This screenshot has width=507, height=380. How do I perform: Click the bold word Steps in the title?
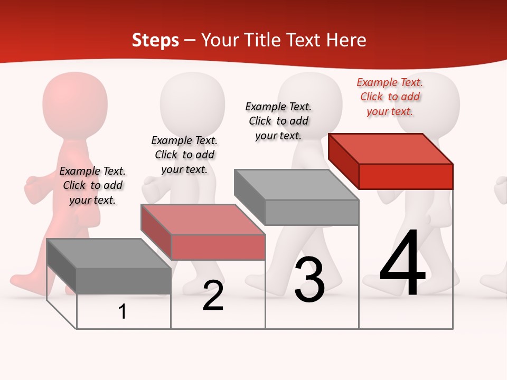pos(155,40)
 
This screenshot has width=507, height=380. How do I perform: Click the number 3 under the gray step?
pos(309,279)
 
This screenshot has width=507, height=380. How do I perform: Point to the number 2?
pos(213,296)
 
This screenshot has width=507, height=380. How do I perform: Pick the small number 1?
pos(123,311)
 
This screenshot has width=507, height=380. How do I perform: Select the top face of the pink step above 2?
pos(203,219)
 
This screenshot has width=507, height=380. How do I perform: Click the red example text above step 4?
pos(390,97)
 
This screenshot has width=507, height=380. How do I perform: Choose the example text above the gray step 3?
pos(278,121)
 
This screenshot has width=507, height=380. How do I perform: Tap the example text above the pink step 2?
pos(184,155)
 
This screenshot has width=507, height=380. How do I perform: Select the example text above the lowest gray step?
pos(92,185)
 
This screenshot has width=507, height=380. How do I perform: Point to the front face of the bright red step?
pos(406,176)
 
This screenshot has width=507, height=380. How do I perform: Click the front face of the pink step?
pos(218,248)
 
